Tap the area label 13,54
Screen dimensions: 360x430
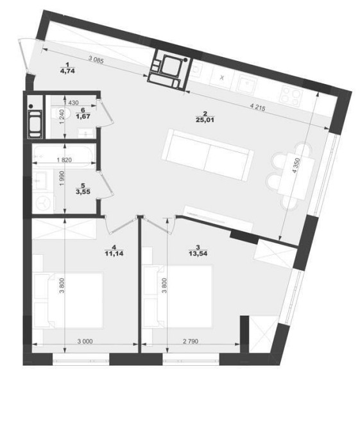click(x=198, y=254)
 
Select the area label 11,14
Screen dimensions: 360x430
click(x=114, y=254)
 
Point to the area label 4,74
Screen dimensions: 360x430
click(x=67, y=71)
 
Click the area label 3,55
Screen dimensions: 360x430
click(x=83, y=192)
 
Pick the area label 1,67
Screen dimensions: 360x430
click(x=83, y=116)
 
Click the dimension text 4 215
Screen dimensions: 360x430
click(x=258, y=107)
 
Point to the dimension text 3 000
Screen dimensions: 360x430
click(x=85, y=341)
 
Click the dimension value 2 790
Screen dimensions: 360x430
click(x=191, y=341)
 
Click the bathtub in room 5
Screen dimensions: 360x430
click(x=64, y=155)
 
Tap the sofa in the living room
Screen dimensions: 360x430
click(x=207, y=155)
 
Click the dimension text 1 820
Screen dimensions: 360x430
click(x=64, y=160)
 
